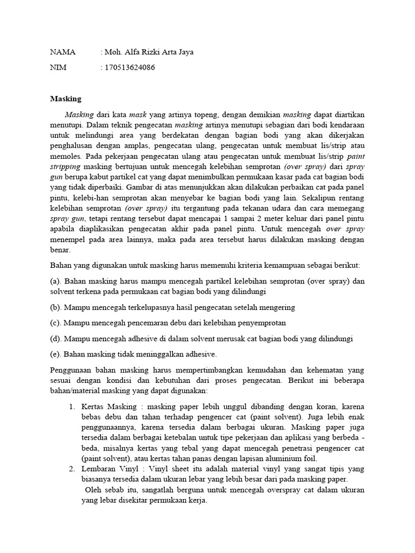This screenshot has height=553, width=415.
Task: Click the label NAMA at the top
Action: (x=62, y=52)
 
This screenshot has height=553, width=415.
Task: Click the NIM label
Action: (x=58, y=68)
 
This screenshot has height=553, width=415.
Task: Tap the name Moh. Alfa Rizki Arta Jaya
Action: (x=148, y=52)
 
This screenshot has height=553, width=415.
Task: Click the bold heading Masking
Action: (x=65, y=99)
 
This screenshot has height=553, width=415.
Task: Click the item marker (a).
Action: (x=56, y=281)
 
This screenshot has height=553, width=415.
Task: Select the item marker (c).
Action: (x=56, y=322)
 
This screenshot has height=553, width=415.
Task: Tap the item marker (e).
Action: (x=56, y=354)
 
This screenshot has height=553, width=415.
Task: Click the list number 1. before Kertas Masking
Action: (x=72, y=406)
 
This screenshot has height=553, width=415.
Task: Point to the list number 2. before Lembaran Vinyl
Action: (x=72, y=469)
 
